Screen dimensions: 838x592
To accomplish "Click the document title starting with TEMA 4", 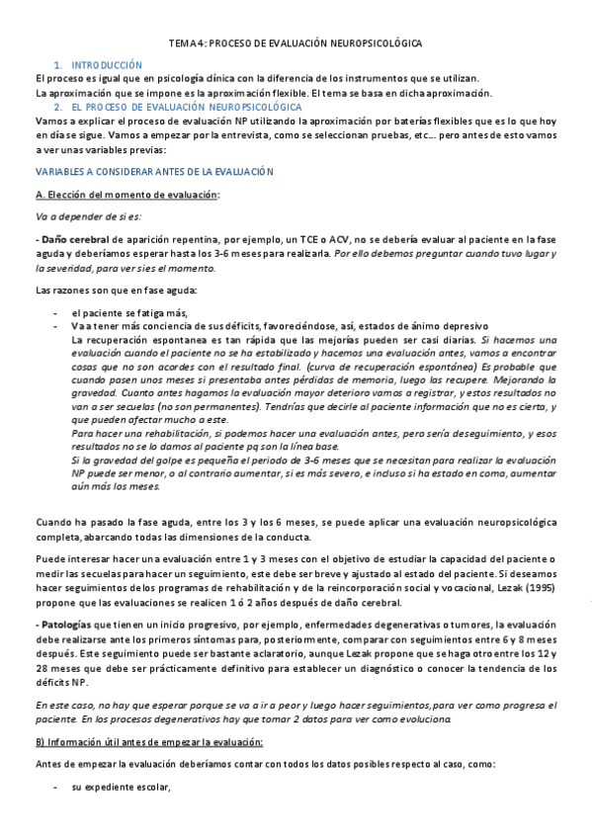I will (x=296, y=44).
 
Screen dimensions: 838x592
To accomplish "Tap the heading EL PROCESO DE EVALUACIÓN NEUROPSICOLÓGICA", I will (x=194, y=106).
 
